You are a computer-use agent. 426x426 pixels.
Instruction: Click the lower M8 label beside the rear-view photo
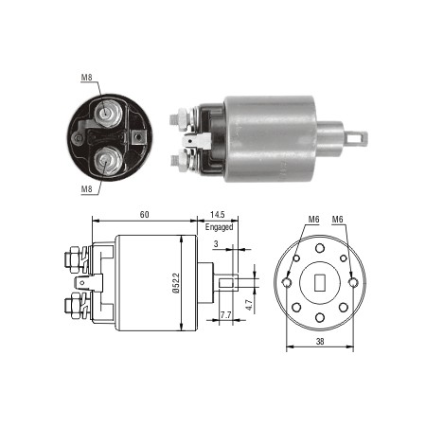85,188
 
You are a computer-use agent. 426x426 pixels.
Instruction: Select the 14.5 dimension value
216,215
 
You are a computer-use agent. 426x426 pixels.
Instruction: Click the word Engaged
218,228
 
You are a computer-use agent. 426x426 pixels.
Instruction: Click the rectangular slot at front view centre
320,282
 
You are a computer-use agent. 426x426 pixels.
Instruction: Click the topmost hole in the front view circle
320,249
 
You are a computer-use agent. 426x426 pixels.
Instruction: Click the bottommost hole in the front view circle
320,315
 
